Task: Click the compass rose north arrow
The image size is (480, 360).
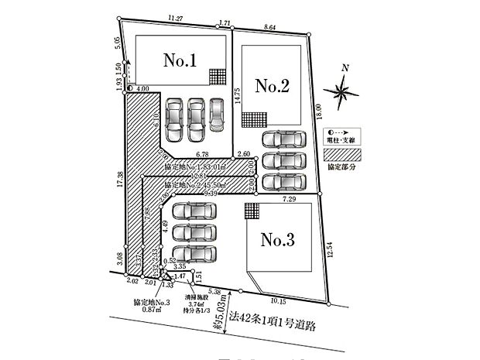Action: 341,91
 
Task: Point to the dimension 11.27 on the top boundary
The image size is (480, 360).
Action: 174,16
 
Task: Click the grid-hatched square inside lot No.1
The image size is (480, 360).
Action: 218,77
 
